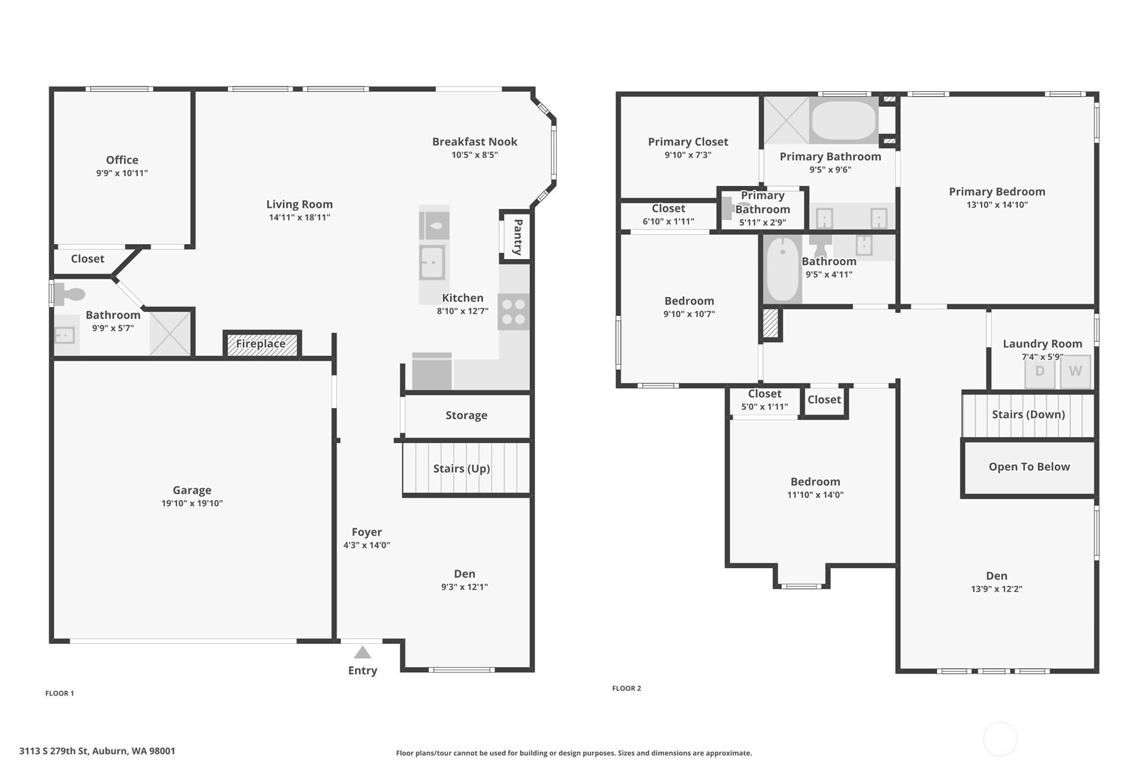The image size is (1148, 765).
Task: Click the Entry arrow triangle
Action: click(x=363, y=652)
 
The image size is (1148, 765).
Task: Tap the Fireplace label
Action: click(x=261, y=344)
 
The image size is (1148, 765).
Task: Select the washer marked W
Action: click(x=1075, y=371)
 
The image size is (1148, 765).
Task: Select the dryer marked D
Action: click(x=1040, y=371)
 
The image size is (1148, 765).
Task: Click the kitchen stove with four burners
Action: click(x=513, y=312)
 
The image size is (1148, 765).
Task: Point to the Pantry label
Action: click(x=518, y=237)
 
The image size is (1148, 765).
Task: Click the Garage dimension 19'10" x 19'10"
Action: click(x=192, y=503)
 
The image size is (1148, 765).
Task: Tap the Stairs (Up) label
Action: click(x=462, y=468)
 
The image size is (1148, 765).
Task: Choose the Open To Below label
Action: click(x=1029, y=467)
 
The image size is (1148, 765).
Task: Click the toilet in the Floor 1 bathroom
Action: click(x=70, y=294)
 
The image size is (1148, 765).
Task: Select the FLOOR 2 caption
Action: click(x=626, y=688)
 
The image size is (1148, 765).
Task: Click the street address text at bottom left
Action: click(x=97, y=751)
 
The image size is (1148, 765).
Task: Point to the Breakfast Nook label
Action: click(x=475, y=141)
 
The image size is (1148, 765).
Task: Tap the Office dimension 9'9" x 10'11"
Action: click(x=122, y=173)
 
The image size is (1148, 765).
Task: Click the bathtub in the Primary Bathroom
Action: click(x=844, y=120)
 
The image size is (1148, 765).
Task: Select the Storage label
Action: click(x=466, y=415)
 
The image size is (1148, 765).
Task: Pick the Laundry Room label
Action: click(x=1042, y=344)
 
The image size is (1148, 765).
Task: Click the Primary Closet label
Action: click(x=688, y=142)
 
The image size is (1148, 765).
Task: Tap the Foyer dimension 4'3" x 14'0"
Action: click(x=367, y=545)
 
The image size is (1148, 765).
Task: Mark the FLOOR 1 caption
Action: click(x=60, y=693)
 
